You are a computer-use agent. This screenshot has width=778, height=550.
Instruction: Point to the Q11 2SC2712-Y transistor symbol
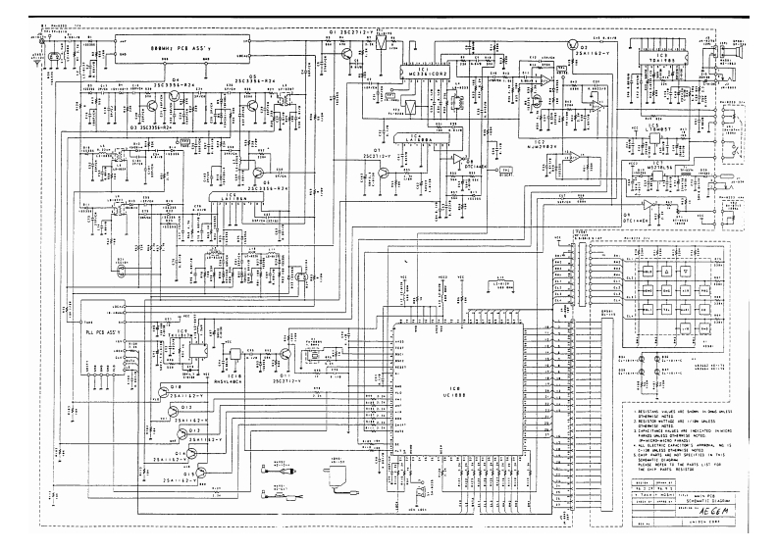click(287, 357)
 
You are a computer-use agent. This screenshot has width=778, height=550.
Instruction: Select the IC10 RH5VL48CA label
click(235, 375)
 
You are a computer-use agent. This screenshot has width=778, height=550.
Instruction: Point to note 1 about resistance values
click(678, 417)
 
